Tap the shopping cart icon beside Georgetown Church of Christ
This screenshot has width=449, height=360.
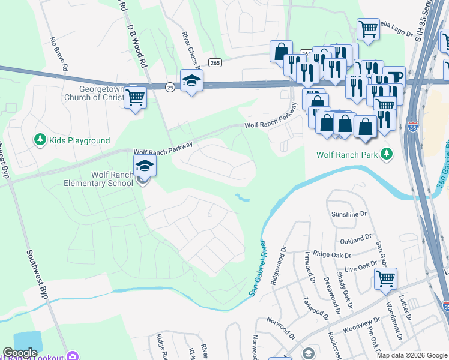136,96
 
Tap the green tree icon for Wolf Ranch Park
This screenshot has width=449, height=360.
387,155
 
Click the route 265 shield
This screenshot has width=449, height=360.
216,63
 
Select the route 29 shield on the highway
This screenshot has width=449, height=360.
170,87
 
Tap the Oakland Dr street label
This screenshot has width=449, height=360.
360,239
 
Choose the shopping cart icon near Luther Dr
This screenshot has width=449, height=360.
385,278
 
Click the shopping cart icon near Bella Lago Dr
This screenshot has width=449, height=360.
367,28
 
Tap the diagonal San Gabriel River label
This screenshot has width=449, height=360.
257,268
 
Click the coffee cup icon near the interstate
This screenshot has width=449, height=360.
394,77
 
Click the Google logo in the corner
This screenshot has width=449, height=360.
20,353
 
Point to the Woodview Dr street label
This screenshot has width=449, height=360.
358,328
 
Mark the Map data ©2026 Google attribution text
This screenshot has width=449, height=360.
411,355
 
